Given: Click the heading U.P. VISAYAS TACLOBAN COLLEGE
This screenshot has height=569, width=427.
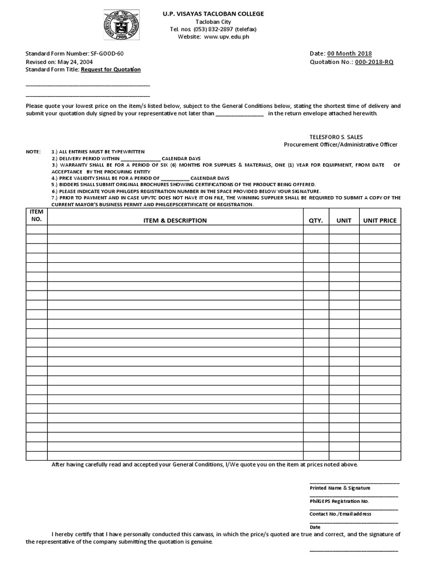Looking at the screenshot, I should tap(213, 13).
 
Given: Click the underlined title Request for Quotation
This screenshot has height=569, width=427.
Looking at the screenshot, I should tap(111, 69).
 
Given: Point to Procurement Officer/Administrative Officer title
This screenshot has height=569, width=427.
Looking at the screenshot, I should tap(341, 144).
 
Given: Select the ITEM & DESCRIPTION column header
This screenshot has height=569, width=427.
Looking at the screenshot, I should tap(175, 221).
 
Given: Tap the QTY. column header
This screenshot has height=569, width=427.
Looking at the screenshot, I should tap(316, 221).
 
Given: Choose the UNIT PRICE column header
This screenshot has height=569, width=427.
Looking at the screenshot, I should tap(380, 221).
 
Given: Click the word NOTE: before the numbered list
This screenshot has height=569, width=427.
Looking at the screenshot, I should tap(33, 152).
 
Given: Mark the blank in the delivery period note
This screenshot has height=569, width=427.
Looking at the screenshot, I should tap(140, 158).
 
